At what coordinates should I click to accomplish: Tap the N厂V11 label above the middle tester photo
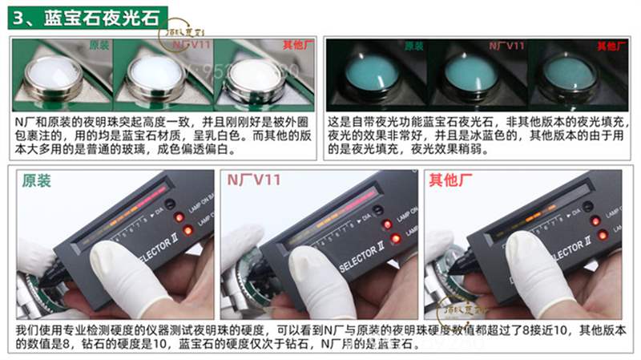256,180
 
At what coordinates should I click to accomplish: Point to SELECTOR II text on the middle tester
367,262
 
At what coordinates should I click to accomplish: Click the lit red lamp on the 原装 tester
187,231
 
